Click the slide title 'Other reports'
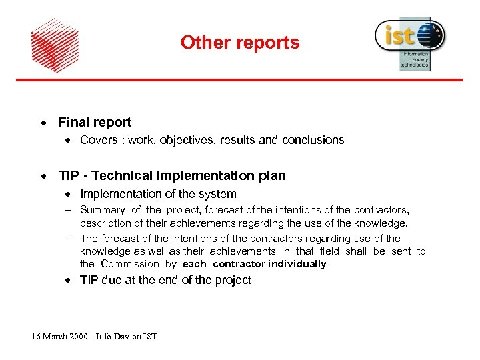pyautogui.click(x=240, y=43)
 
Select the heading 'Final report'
pyautogui.click(x=95, y=122)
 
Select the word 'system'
pyautogui.click(x=217, y=194)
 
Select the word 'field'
pyautogui.click(x=329, y=251)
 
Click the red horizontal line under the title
pyautogui.click(x=240, y=80)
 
